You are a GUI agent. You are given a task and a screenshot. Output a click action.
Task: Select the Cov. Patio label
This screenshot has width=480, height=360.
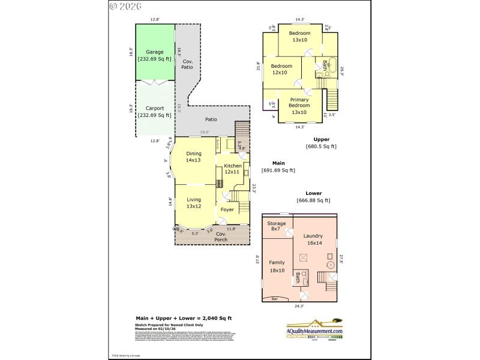[x=188, y=64]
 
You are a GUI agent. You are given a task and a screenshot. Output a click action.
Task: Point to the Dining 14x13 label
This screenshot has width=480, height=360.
[x=193, y=157]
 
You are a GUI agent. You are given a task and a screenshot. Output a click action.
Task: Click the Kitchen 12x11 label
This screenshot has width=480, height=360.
[x=233, y=169]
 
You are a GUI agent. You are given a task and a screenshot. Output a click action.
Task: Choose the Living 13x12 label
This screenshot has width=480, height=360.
[x=193, y=203]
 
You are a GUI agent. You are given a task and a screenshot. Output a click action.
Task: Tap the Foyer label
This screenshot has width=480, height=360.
[x=227, y=209]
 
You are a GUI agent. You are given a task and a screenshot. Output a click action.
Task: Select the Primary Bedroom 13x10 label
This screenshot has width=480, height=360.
[x=299, y=106]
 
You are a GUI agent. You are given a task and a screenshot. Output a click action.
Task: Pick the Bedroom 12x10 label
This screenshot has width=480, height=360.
[x=281, y=69]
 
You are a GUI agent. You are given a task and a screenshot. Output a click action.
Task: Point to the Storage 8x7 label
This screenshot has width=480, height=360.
[x=277, y=226]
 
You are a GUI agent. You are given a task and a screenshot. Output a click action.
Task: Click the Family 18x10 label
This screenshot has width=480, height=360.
[x=277, y=266]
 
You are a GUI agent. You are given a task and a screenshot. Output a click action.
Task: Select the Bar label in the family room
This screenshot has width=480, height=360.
[x=274, y=298]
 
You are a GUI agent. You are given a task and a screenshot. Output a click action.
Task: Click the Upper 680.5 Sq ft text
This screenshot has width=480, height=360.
[x=321, y=143]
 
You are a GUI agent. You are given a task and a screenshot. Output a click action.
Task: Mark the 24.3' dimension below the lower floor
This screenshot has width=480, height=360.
[x=298, y=306]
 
